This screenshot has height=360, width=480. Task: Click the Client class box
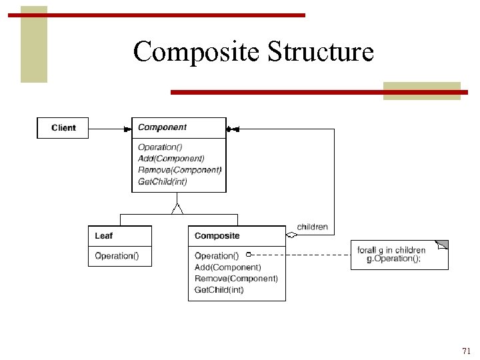[x=63, y=128]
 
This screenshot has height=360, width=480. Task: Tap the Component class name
[x=162, y=127]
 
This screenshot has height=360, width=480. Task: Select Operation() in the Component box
[x=160, y=147]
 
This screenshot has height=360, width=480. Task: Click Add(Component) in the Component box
[x=171, y=159]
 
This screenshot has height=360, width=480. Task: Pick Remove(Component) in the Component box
[x=179, y=170]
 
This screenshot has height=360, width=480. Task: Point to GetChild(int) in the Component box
[x=163, y=181]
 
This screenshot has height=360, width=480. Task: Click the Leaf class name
[x=103, y=236]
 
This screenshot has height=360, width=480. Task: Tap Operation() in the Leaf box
[x=117, y=256]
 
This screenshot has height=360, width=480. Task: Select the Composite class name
[x=217, y=236]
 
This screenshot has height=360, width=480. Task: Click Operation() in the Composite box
[x=217, y=256]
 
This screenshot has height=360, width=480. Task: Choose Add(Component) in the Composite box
[x=227, y=267]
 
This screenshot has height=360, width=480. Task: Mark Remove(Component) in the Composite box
[x=236, y=279]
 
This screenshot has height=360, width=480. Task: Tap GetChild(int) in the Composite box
[x=219, y=290]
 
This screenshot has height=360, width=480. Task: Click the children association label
[x=312, y=227]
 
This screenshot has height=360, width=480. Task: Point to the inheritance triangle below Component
[x=177, y=209]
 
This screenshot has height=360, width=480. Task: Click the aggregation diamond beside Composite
[x=291, y=235]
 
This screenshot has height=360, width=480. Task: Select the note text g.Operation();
[x=394, y=259]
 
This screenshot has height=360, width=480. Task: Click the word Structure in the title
[x=321, y=51]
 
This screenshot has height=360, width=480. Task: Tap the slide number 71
[x=466, y=351]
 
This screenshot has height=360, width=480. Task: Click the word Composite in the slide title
[x=197, y=51]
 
